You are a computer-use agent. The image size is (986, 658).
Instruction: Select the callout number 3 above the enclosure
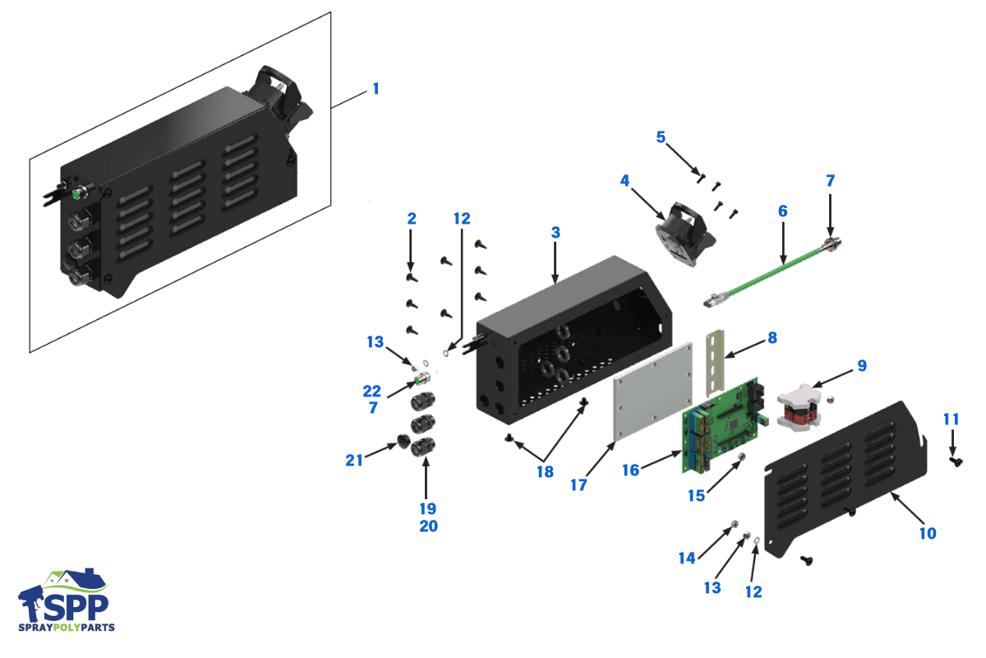[x=555, y=233]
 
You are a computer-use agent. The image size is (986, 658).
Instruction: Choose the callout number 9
[x=860, y=365]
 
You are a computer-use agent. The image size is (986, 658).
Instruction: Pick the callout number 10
[x=927, y=533]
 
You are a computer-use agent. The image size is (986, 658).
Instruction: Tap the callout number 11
[x=951, y=419]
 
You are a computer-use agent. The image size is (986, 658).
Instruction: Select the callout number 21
[x=354, y=461]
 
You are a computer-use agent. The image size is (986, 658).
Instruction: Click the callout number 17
[x=578, y=485]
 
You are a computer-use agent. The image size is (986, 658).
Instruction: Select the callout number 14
[x=687, y=558]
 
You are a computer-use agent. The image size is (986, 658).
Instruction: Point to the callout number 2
[x=412, y=219]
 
